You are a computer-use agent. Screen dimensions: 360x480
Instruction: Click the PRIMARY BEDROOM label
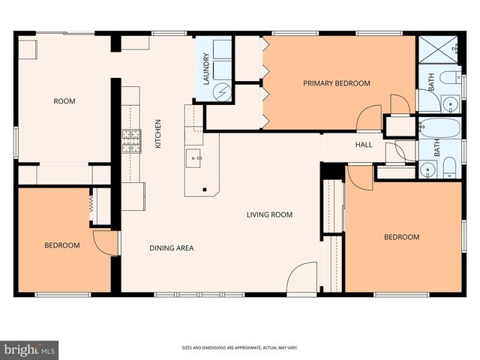[x=336, y=83]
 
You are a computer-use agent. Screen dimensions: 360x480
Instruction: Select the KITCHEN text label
[x=158, y=133]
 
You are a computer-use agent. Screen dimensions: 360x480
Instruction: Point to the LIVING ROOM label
[x=269, y=215]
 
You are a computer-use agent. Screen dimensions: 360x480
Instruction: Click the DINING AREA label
[x=172, y=247]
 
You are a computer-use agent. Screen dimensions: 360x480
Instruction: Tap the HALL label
[x=364, y=145]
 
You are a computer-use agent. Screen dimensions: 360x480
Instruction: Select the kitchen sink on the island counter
[x=194, y=158]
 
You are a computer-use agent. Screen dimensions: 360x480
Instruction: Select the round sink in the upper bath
[x=449, y=103]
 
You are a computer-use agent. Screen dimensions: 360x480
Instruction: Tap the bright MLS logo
[x=29, y=349]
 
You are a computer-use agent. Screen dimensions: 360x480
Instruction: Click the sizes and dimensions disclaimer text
[x=239, y=348]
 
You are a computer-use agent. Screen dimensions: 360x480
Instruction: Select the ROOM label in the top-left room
[x=64, y=101]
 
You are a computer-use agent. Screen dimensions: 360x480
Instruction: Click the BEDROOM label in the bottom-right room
[x=401, y=238]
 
